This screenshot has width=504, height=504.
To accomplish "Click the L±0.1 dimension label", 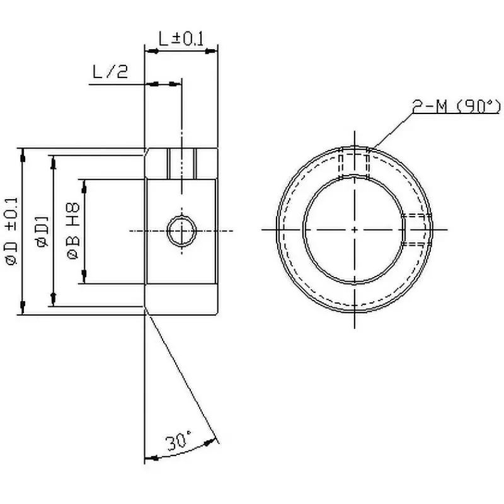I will [181, 39].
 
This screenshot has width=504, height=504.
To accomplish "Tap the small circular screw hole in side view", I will [181, 231].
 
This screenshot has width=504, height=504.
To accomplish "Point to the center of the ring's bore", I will [355, 230].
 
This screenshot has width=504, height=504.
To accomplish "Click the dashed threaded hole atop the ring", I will [354, 163].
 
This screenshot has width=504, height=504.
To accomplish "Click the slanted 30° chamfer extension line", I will [183, 378].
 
